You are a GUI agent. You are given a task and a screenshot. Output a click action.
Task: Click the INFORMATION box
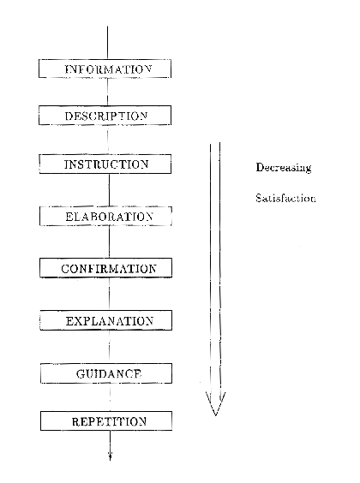105,69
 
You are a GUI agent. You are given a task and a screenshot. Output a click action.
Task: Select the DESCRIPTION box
105,116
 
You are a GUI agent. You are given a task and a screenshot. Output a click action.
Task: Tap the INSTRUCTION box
105,164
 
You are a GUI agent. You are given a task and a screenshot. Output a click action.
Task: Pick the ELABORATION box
105,216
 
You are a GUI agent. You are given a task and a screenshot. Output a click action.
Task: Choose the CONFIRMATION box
105,268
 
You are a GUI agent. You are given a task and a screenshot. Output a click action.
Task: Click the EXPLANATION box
105,320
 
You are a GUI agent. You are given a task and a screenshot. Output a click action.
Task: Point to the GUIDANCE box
106,373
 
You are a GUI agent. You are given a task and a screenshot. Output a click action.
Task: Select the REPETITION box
106,420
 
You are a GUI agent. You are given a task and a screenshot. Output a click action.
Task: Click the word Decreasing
284,168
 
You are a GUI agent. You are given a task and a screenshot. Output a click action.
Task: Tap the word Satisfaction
285,198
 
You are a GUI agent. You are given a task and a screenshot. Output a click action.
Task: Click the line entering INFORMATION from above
107,43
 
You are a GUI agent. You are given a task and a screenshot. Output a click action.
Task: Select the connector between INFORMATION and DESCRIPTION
107,92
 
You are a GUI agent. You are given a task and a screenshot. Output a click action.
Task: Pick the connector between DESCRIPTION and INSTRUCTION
108,140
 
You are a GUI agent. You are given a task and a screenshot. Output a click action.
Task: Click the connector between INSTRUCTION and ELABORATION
109,190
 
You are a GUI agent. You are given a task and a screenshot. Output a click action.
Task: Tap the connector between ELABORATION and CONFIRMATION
109,241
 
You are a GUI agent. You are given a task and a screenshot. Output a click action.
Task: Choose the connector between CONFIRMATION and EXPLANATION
109,295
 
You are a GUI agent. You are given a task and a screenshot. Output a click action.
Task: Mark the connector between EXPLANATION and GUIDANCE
110,347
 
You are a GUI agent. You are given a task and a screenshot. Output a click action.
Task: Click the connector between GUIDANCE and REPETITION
110,397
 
